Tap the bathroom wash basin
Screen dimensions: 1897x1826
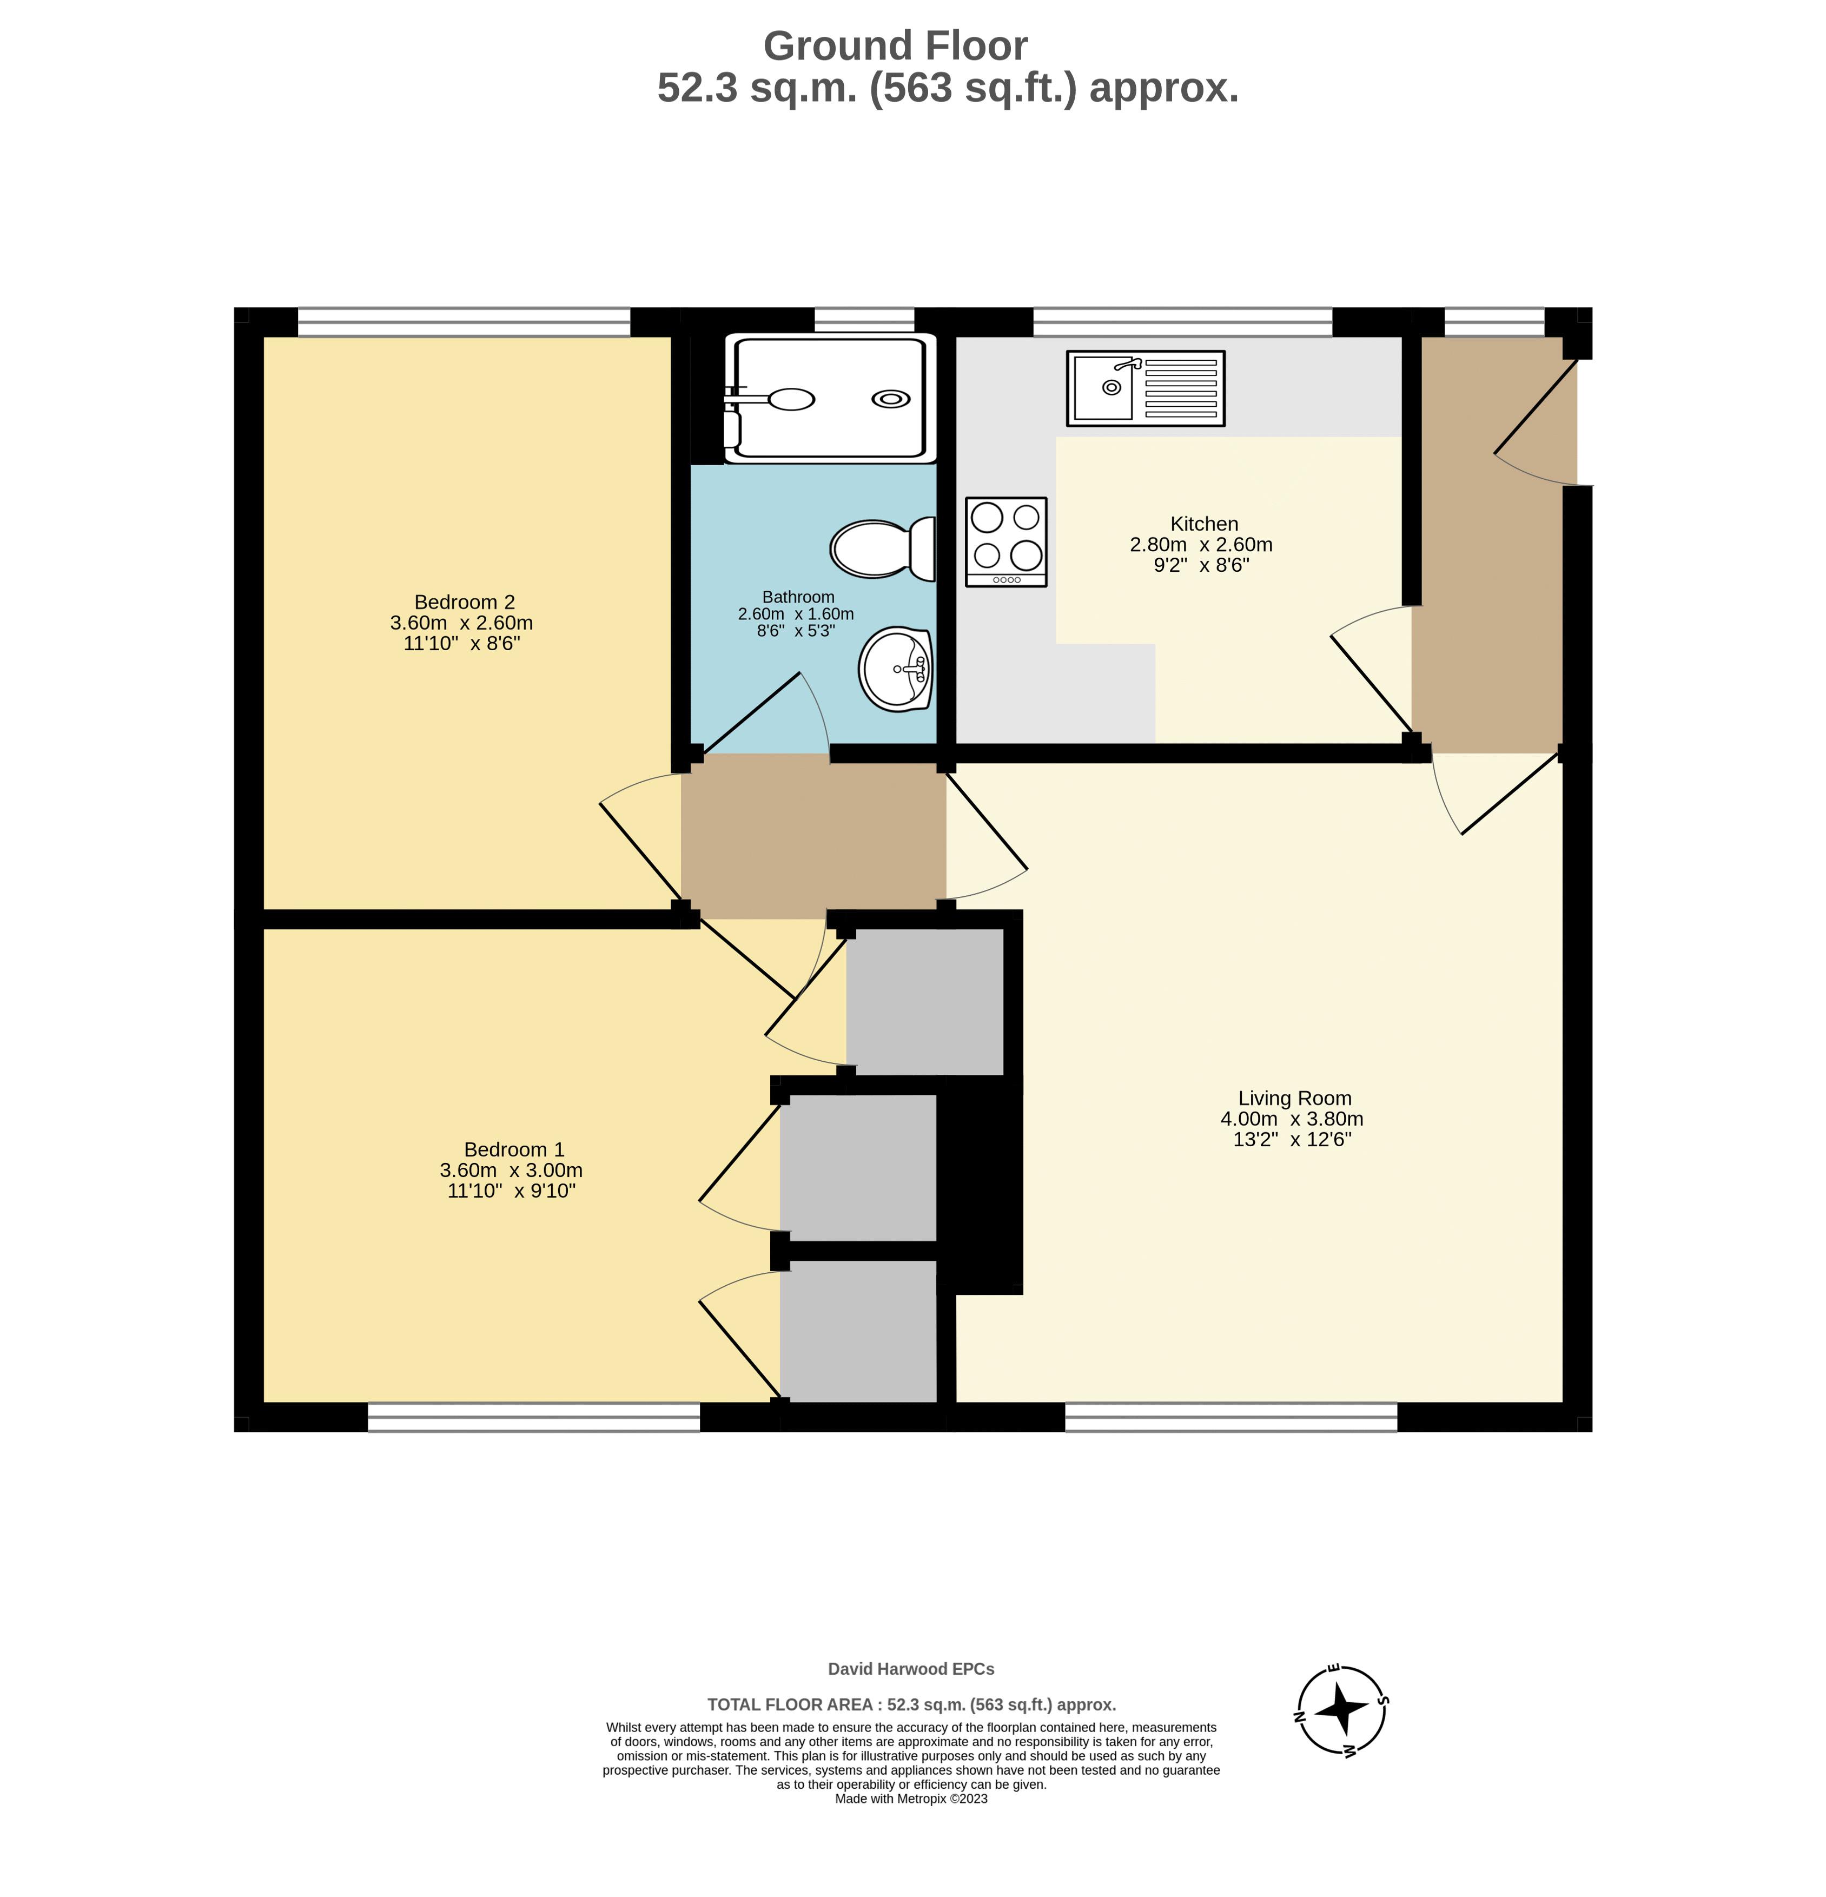(x=895, y=668)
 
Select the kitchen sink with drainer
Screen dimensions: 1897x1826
(x=1144, y=388)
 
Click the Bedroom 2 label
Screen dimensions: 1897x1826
(x=465, y=602)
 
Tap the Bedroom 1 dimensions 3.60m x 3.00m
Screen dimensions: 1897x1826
(x=511, y=1170)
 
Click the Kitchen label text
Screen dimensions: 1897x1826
(x=1204, y=524)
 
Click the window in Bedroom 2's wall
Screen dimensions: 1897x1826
(x=464, y=322)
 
